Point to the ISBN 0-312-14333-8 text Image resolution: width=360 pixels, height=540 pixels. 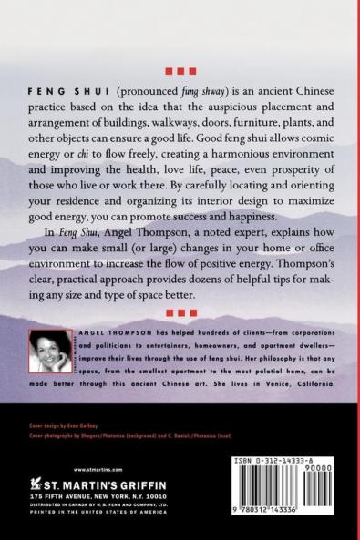pyautogui.click(x=269, y=464)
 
